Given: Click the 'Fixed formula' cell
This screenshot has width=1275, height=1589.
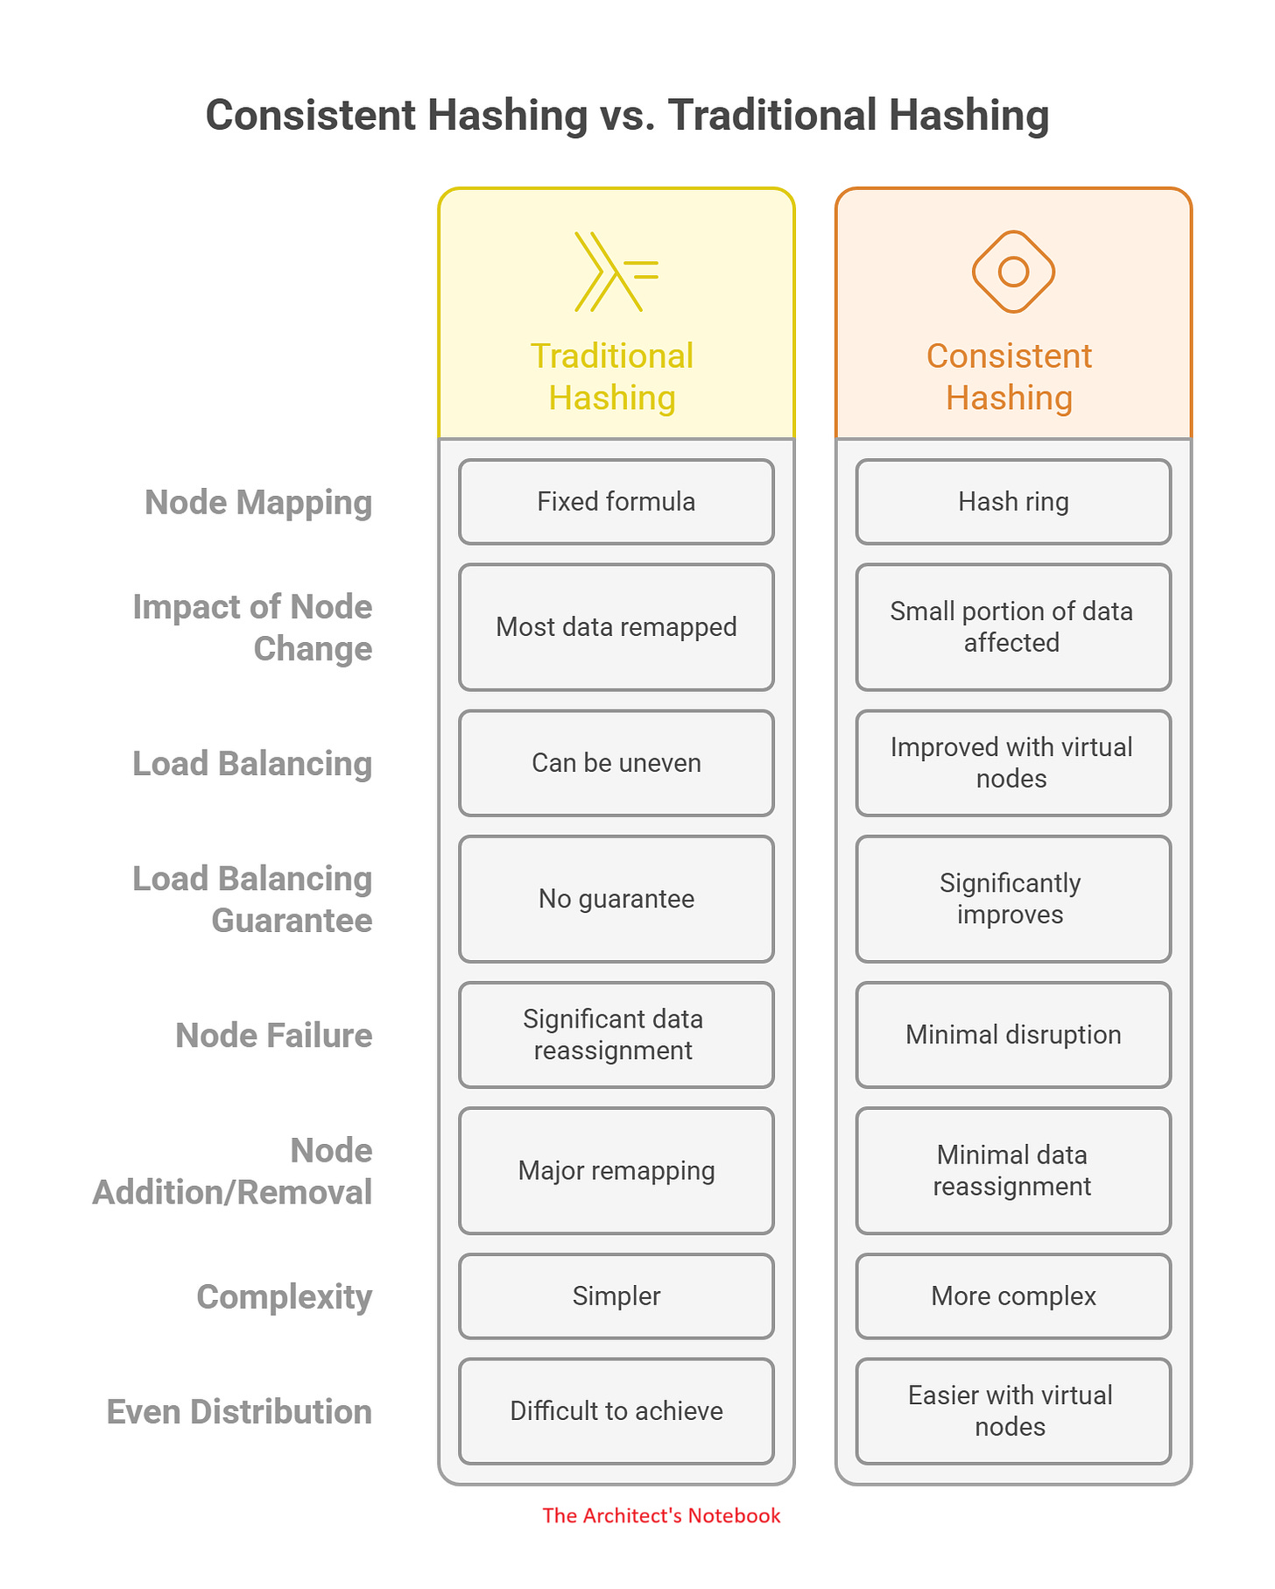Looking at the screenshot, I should tap(616, 502).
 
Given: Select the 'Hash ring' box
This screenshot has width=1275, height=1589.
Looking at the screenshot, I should tap(1013, 502).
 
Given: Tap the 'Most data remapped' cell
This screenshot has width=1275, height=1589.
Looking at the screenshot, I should tap(616, 627).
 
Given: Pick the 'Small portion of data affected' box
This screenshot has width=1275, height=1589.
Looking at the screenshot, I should tap(1013, 627).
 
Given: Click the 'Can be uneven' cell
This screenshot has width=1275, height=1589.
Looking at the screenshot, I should tap(616, 763).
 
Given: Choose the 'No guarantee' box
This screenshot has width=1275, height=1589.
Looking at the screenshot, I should tap(616, 899).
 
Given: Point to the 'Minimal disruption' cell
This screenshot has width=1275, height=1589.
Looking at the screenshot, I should tap(1013, 1035).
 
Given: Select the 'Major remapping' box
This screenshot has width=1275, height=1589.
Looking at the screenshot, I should tap(616, 1170).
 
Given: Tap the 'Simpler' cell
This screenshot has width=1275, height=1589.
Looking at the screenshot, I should tap(616, 1296).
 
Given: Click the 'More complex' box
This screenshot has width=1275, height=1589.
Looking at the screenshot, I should tap(1013, 1296).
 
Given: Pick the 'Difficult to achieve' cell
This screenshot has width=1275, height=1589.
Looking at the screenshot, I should tap(616, 1410).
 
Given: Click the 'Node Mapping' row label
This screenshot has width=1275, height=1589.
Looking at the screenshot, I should tap(258, 503).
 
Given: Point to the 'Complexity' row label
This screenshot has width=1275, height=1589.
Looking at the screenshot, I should tap(285, 1296).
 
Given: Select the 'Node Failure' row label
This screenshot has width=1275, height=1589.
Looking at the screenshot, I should tap(273, 1035).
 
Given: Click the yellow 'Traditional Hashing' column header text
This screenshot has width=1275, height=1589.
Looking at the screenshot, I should tap(612, 377).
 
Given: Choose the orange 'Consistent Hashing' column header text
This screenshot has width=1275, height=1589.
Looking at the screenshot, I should tap(1010, 377).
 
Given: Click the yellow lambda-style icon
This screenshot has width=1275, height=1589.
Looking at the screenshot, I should tap(616, 272).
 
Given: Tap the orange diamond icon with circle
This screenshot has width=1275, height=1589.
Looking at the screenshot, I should tap(1013, 272).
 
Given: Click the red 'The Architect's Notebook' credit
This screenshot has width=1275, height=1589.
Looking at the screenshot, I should tap(661, 1515).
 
